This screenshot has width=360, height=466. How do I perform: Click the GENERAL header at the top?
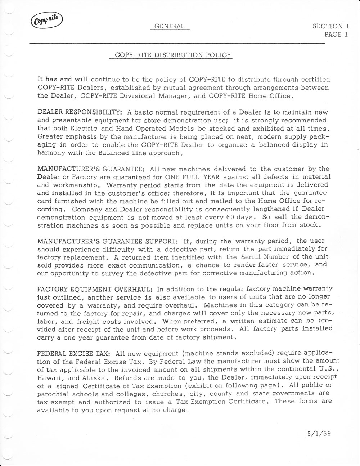coord(169,26)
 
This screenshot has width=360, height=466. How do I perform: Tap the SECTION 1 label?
coord(330,26)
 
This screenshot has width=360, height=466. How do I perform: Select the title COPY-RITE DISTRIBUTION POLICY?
coord(173,55)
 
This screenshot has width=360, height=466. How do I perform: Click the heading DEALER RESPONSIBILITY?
coord(80,112)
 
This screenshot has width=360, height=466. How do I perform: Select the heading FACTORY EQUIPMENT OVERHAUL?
coord(96,289)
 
